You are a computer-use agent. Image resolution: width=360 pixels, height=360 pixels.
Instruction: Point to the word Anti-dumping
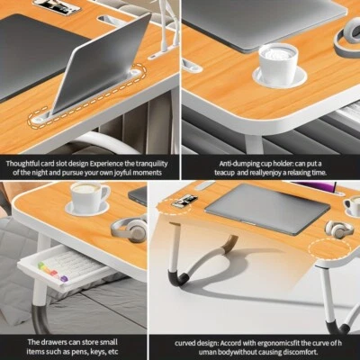coord(214,163)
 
